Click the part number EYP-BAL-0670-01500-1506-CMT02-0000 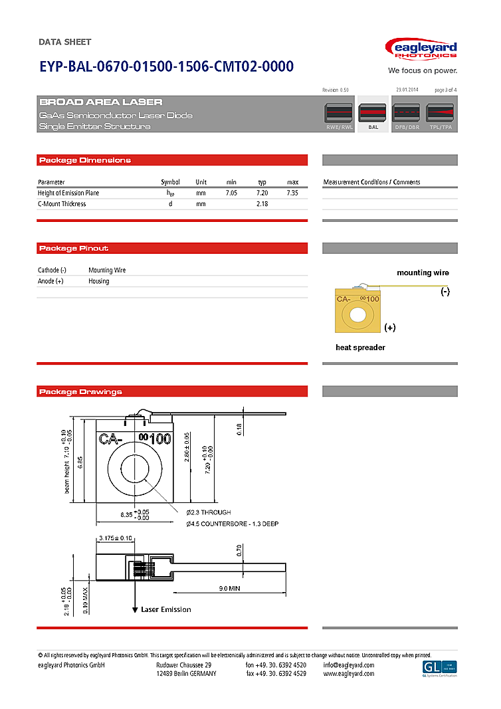(166, 66)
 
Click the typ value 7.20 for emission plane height (262, 193)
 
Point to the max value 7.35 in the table (292, 193)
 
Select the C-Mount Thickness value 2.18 (262, 204)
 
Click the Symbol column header (170, 182)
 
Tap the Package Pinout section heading (74, 249)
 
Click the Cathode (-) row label (52, 270)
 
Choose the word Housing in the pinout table (99, 281)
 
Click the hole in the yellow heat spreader (357, 314)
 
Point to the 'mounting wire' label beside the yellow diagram (423, 273)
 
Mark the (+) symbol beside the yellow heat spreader (390, 328)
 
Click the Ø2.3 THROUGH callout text (209, 512)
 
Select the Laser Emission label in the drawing (166, 609)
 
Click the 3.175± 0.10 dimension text (115, 538)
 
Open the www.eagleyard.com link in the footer (348, 674)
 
